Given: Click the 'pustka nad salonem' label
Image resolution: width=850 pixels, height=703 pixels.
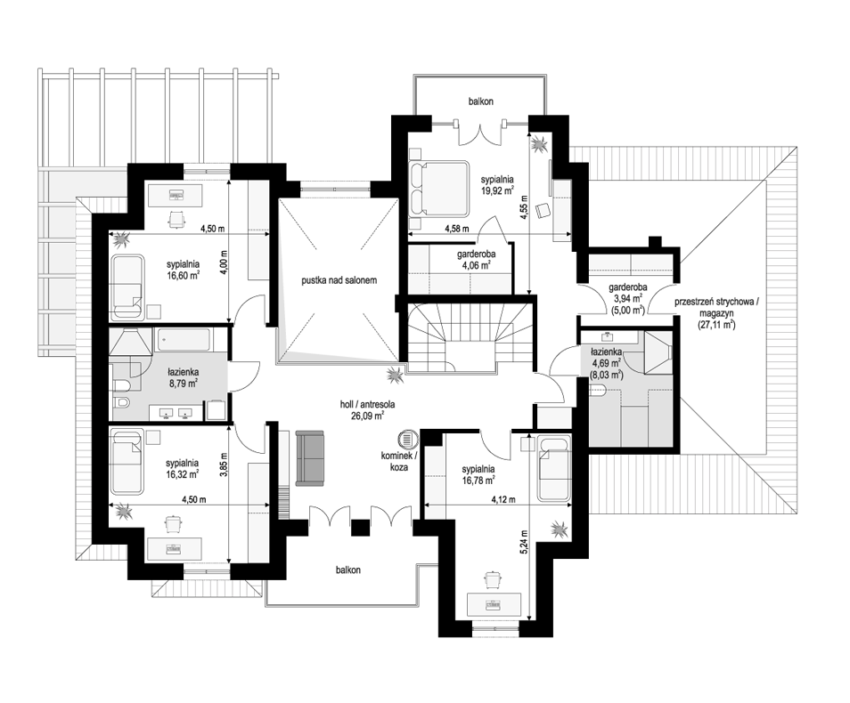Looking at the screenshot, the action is click(339, 280).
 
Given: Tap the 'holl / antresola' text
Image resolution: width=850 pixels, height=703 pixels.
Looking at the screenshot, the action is click(367, 404).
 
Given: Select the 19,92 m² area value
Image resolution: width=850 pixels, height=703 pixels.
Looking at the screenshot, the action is click(497, 190).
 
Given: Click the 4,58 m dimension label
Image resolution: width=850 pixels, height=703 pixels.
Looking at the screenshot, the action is click(456, 228).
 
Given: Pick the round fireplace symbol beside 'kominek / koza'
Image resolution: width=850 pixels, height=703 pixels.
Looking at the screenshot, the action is click(406, 438).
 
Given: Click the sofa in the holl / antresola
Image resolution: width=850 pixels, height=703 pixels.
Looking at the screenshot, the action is click(309, 458).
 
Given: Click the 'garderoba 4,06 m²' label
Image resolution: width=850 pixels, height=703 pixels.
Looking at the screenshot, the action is click(477, 260).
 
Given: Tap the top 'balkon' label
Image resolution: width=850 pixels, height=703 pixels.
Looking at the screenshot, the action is click(481, 101).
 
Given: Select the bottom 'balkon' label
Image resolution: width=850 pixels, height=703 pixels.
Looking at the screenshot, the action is click(347, 570).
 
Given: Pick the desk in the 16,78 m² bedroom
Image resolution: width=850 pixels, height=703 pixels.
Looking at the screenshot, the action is click(494, 603).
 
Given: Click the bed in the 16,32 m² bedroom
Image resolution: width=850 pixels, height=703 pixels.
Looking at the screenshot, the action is click(127, 461).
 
